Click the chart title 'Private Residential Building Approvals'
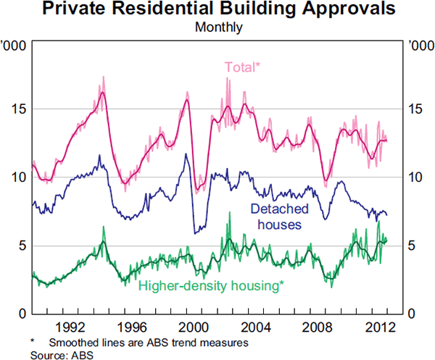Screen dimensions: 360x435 (217, 10)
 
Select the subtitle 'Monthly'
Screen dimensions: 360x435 (217, 29)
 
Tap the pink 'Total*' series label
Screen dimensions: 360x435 (241, 67)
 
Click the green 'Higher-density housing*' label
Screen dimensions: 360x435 (210, 285)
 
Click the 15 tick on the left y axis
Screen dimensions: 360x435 (17, 109)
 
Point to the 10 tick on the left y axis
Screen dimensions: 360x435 (17, 177)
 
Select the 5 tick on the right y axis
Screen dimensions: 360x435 (413, 246)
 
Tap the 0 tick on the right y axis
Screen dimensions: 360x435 (413, 314)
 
